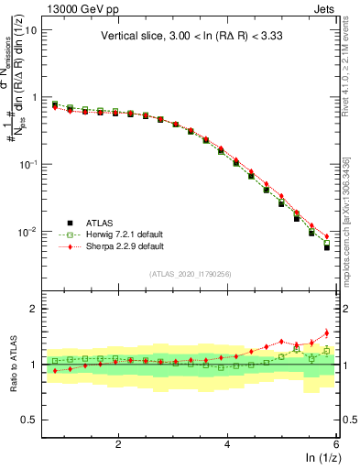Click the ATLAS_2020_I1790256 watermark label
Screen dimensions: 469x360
click(191, 273)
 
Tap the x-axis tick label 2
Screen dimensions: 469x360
click(118, 444)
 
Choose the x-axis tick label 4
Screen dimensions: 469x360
click(227, 444)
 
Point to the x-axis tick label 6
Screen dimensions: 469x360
click(335, 444)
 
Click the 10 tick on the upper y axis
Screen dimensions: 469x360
click(31, 29)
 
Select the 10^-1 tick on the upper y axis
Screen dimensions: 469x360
click(27, 164)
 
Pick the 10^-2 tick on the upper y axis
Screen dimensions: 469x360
click(27, 232)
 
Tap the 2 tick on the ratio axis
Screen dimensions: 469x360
click(33, 309)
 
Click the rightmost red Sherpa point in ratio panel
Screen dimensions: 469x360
click(326, 333)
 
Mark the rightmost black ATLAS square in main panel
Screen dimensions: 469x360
click(326, 247)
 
